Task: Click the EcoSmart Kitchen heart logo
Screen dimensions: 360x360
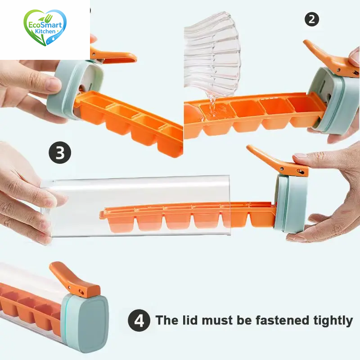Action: [45, 28]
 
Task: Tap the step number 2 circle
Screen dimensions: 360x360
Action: [311, 19]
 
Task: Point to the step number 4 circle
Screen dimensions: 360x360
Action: [139, 321]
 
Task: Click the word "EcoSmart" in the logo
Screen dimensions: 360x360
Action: [46, 25]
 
